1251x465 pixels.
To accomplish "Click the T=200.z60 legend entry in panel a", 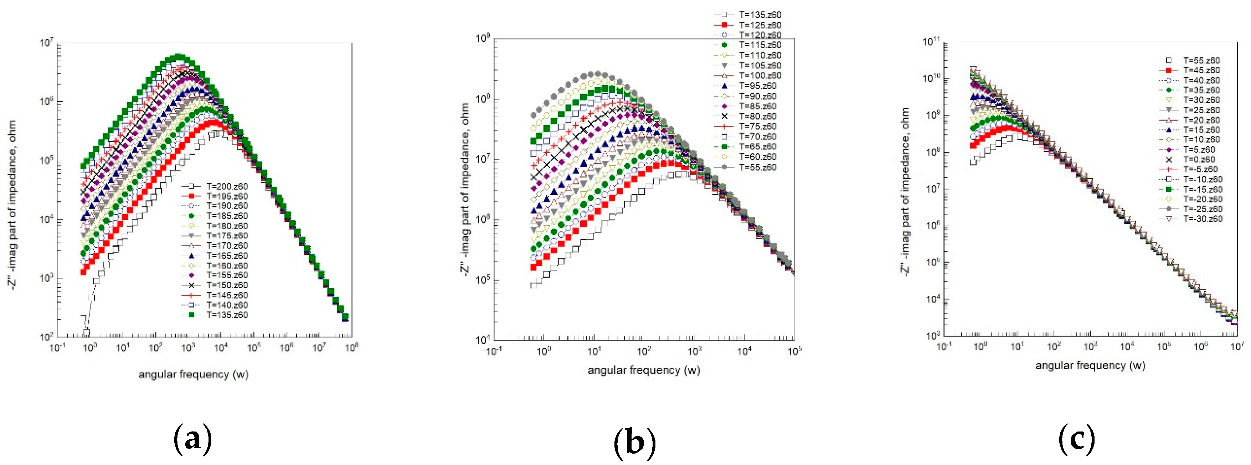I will [x=227, y=186].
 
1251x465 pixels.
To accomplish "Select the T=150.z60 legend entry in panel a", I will [x=227, y=285].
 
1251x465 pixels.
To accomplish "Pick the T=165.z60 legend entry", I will [x=227, y=255].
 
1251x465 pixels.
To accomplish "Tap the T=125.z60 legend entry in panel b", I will [x=760, y=25].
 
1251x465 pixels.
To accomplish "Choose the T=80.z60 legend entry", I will [x=758, y=117].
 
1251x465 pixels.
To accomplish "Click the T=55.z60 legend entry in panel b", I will [x=758, y=167].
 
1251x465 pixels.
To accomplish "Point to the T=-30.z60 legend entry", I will [x=1203, y=219].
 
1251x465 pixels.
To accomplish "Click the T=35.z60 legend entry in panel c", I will [x=1201, y=90].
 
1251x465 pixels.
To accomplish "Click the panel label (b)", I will [x=634, y=442].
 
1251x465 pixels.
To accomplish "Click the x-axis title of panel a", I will [x=193, y=374].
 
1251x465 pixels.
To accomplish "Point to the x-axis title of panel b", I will [x=643, y=370].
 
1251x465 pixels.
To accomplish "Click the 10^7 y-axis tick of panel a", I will [x=46, y=43].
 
